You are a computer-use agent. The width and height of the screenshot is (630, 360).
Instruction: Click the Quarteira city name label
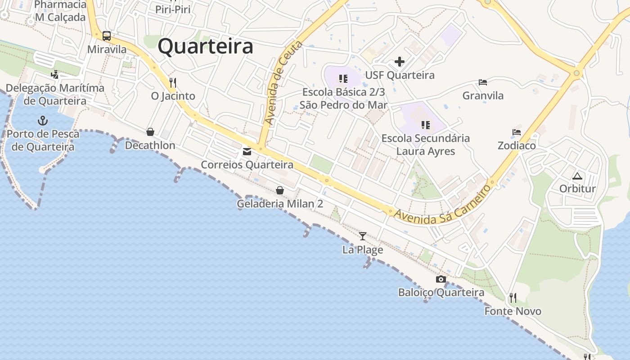pyautogui.click(x=206, y=46)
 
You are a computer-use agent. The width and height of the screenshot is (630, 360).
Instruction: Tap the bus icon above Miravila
pyautogui.click(x=107, y=36)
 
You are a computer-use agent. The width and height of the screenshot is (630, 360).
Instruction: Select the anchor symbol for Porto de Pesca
pyautogui.click(x=43, y=121)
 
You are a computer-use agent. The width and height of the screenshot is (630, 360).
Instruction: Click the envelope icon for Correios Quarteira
pyautogui.click(x=247, y=152)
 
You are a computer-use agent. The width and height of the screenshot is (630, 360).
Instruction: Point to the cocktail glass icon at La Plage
pyautogui.click(x=363, y=236)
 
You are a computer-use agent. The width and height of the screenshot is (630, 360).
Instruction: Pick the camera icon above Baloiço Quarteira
pyautogui.click(x=441, y=279)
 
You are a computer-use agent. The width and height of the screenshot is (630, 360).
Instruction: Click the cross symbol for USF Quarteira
pyautogui.click(x=400, y=62)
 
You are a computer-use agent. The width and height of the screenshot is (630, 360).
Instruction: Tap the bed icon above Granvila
pyautogui.click(x=483, y=82)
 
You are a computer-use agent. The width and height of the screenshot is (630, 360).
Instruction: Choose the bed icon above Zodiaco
pyautogui.click(x=517, y=132)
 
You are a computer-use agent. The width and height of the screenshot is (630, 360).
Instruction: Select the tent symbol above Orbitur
pyautogui.click(x=577, y=175)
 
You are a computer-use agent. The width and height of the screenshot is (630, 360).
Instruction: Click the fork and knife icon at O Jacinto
pyautogui.click(x=173, y=83)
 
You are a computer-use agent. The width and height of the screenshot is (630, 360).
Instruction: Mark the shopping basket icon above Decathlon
pyautogui.click(x=150, y=132)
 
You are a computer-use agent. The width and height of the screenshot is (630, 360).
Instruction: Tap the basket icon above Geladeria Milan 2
pyautogui.click(x=280, y=190)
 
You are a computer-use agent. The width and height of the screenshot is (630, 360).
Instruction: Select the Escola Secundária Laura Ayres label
pyautogui.click(x=426, y=144)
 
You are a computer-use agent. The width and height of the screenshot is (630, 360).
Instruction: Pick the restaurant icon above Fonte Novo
pyautogui.click(x=513, y=297)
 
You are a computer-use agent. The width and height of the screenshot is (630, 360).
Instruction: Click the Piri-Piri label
pyautogui.click(x=173, y=9)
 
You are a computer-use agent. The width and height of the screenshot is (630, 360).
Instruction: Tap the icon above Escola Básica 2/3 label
pyautogui.click(x=343, y=79)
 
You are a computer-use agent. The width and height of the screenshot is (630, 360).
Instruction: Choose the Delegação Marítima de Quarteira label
pyautogui.click(x=55, y=94)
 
